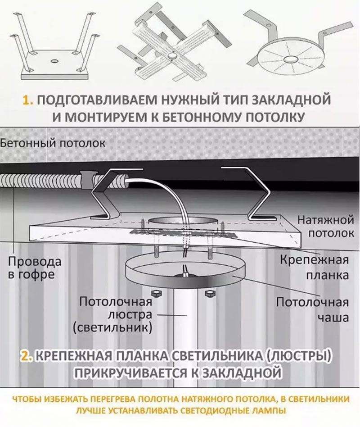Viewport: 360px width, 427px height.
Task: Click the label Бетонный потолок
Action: tap(53, 144)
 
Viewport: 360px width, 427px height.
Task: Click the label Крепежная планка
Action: tap(315, 267)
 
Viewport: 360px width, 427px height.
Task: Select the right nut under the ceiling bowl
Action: tap(208, 294)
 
